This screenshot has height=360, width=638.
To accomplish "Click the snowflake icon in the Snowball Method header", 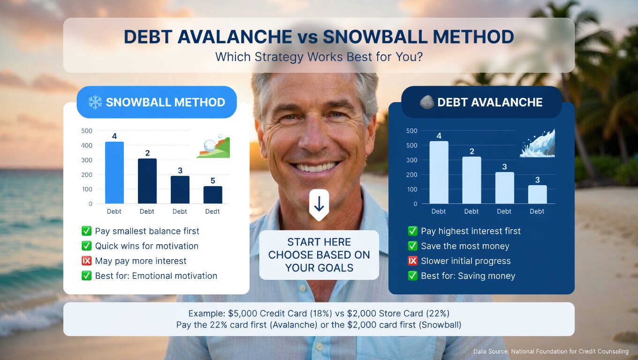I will pyautogui.click(x=95, y=102).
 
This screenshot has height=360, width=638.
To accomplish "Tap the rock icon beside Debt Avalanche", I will pyautogui.click(x=426, y=102).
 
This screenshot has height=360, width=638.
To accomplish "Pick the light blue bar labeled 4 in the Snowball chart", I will pyautogui.click(x=114, y=172).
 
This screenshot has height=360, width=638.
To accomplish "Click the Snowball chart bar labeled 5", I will pyautogui.click(x=213, y=195).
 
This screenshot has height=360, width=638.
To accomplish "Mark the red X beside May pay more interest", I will pyautogui.click(x=86, y=261).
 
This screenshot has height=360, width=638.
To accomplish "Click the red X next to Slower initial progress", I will pyautogui.click(x=413, y=261).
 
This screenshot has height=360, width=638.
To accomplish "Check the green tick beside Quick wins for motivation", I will pyautogui.click(x=86, y=246).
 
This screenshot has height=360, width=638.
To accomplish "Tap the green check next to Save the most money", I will pyautogui.click(x=413, y=246).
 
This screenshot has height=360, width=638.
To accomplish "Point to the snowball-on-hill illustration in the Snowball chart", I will pyautogui.click(x=213, y=147).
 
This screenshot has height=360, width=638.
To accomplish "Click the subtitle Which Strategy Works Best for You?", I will pyautogui.click(x=319, y=57).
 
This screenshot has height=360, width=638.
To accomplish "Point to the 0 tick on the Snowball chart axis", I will pyautogui.click(x=90, y=204).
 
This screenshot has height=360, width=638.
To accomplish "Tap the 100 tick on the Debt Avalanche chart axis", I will pyautogui.click(x=412, y=189).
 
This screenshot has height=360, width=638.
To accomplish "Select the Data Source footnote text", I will pyautogui.click(x=550, y=352).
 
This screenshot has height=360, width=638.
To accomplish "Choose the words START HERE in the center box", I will pyautogui.click(x=319, y=242).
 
